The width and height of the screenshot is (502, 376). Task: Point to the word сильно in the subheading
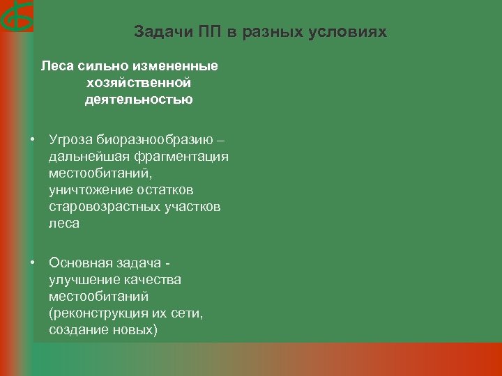pyautogui.click(x=92, y=66)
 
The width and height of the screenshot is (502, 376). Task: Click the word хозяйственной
pyautogui.click(x=139, y=83)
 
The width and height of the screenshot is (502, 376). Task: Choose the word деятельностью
pyautogui.click(x=139, y=100)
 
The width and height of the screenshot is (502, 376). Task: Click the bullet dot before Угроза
pyautogui.click(x=33, y=139)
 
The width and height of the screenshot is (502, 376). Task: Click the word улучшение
pyautogui.click(x=83, y=279)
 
